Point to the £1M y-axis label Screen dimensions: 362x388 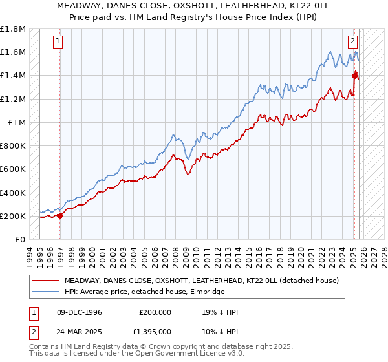17,122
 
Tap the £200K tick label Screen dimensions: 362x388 13,216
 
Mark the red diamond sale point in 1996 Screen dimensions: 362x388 60,216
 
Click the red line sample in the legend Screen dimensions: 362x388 45,281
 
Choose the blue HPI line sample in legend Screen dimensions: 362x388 45,292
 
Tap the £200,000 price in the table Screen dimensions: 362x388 155,312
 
